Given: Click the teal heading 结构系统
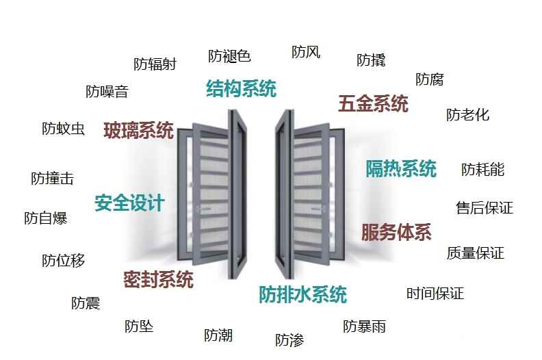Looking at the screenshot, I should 241,89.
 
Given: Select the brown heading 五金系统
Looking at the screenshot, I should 373,104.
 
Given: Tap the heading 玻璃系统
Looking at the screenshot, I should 138,130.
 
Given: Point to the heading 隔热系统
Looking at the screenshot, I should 400,168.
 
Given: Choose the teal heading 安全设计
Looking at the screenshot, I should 129,203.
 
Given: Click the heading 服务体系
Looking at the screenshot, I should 396,233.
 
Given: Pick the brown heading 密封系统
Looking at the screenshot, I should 158,279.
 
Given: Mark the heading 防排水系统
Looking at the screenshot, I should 302,295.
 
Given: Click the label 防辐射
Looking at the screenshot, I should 155,64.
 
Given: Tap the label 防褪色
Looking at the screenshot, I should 229,56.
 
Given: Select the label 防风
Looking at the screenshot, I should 305,52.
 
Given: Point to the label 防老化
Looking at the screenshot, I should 467,115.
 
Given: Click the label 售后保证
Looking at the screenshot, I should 484,208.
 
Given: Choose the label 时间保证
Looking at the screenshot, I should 435,294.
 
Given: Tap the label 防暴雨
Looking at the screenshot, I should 364,326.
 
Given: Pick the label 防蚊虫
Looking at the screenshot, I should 63,128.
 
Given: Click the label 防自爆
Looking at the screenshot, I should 45,218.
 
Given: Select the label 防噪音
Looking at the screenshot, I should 107,92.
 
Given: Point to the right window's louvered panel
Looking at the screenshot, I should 313,195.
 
